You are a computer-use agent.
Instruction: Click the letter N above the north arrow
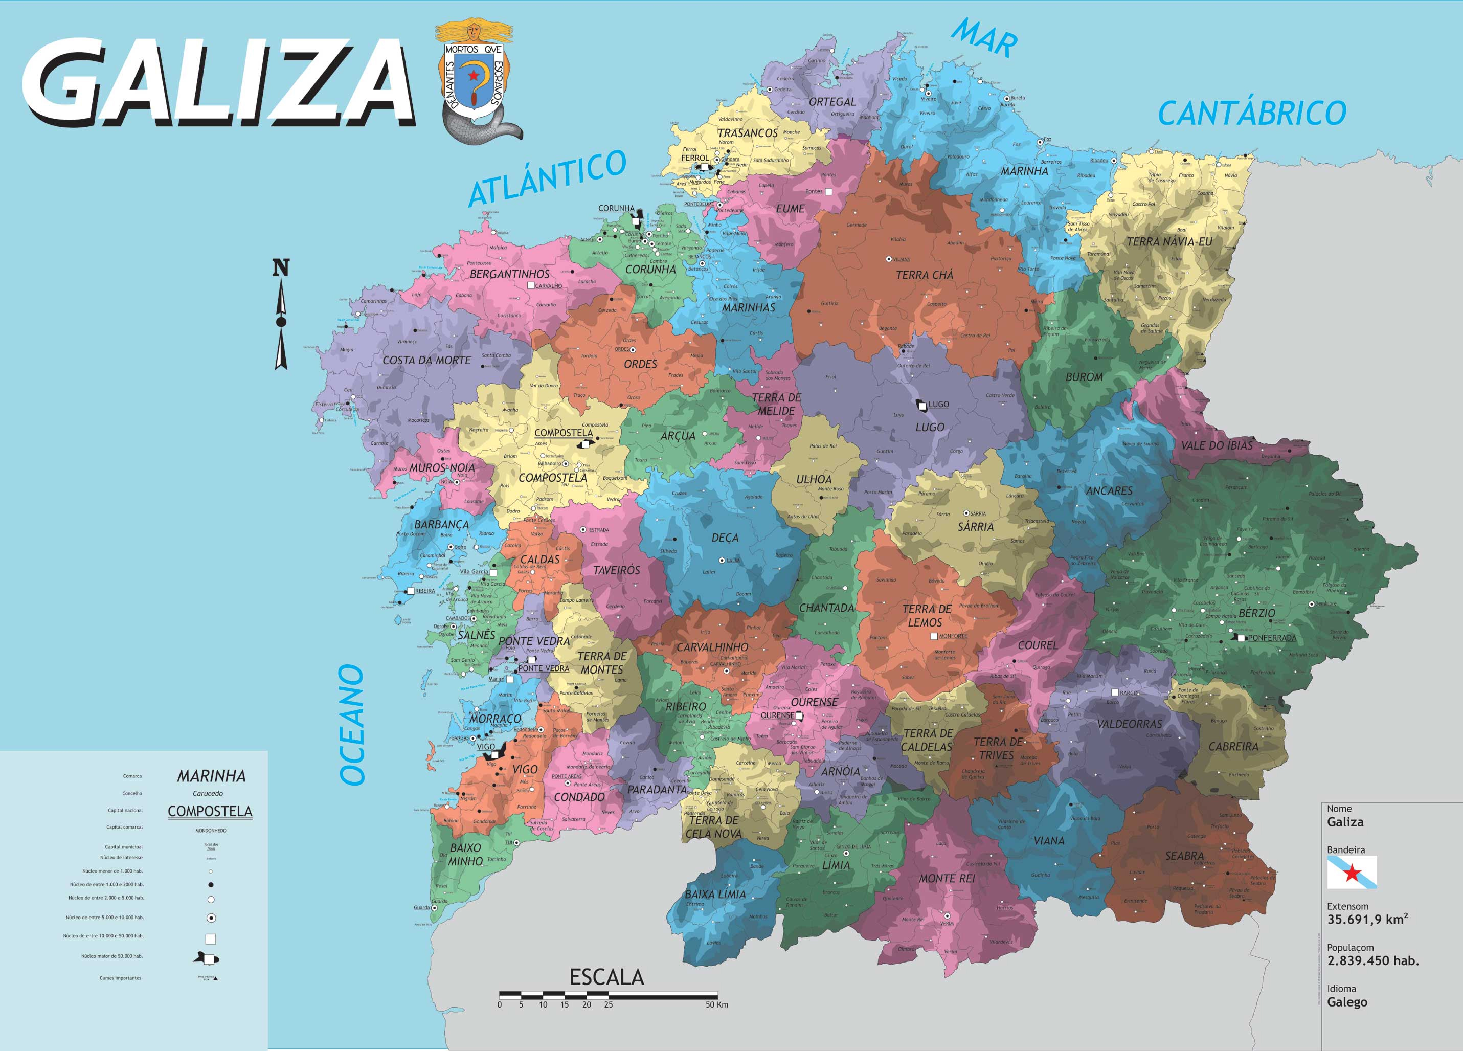(x=281, y=268)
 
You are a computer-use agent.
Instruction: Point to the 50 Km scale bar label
(x=716, y=1004)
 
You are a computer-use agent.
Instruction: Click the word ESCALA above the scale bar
(x=606, y=977)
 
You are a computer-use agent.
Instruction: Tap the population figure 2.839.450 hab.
(x=1372, y=960)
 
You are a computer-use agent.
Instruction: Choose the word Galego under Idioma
(x=1347, y=1002)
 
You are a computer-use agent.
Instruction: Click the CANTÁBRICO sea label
(x=1251, y=114)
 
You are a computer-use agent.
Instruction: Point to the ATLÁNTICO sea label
(x=547, y=177)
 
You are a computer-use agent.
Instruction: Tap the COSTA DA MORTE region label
(x=426, y=360)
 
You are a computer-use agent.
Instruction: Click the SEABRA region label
(x=1184, y=856)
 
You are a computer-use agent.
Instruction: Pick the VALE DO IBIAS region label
(x=1217, y=445)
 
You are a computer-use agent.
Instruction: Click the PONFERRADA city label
(x=1271, y=637)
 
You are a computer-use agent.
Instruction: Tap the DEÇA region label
(x=725, y=538)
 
